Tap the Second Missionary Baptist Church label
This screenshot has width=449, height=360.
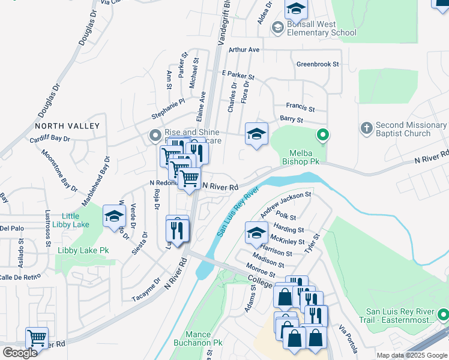click(411, 129)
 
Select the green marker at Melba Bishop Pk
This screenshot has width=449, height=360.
click(323, 135)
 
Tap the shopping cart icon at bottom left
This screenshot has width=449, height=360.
click(37, 338)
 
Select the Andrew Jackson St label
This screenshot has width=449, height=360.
click(286, 202)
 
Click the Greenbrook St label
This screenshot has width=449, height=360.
click(318, 64)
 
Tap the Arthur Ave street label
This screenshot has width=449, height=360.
click(244, 50)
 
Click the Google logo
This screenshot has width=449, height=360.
click(20, 352)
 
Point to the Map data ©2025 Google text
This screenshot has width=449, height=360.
click(412, 355)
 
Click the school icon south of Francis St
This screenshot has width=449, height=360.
click(256, 134)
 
